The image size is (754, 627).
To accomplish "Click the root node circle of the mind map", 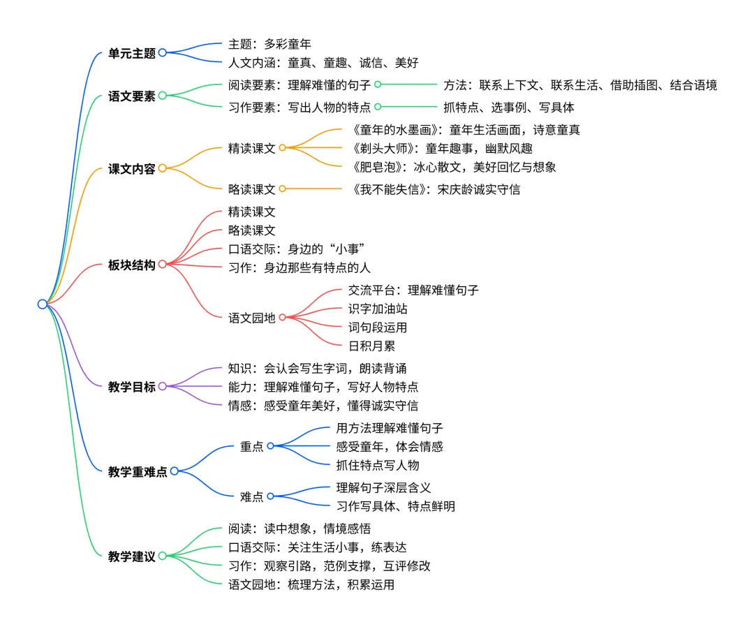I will coord(43,304).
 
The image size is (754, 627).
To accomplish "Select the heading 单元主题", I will coord(131,53).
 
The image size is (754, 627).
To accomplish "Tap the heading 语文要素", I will coord(131,96).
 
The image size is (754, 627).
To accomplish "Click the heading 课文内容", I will coord(131,168).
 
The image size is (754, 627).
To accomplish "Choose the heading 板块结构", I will coord(131,265).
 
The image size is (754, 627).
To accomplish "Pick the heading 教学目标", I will coord(131,386).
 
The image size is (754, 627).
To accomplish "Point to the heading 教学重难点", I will coord(138,471).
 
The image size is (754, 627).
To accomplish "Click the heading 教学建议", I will coord(131,556).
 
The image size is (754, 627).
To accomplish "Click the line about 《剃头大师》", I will coord(443,148).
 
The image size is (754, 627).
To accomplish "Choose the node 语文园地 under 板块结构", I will coord(251,318).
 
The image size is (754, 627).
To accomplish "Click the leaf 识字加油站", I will coord(377,309).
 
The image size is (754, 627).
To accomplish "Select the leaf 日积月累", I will coord(371,345).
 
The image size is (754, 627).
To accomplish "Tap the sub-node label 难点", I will coord(251,496).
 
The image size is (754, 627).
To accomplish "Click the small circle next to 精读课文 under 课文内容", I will coord(282,148).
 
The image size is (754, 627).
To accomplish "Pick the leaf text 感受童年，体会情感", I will coord(389,446).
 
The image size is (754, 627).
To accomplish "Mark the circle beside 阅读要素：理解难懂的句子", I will coord(377,84).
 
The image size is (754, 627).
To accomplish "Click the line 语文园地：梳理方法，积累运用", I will coord(311,584).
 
